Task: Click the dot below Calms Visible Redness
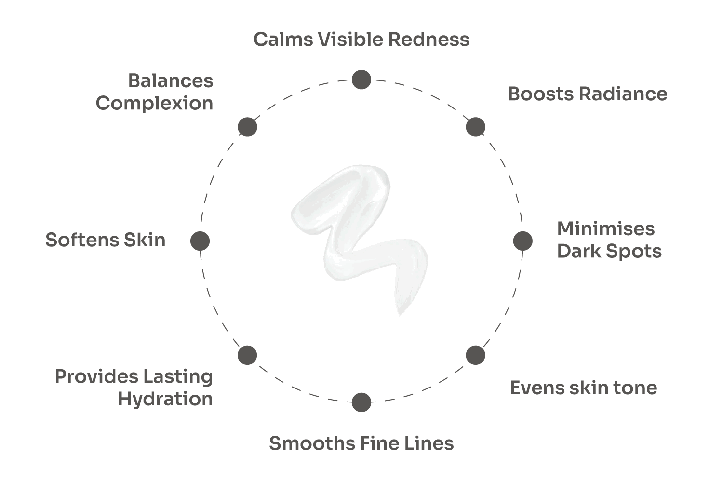(x=361, y=80)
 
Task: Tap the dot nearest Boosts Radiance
(x=475, y=127)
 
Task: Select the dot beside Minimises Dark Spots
(x=522, y=241)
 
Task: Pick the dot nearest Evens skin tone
(x=475, y=355)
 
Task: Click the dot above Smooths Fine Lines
(x=361, y=402)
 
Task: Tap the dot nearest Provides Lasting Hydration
(x=247, y=355)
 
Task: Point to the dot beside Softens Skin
(x=200, y=241)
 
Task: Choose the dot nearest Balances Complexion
(x=247, y=127)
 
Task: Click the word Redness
(x=428, y=40)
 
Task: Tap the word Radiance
(x=623, y=94)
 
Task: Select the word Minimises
(x=606, y=228)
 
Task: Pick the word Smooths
(x=312, y=443)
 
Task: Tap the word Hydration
(x=165, y=400)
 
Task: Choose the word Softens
(x=82, y=240)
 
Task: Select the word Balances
(x=171, y=80)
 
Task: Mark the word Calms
(x=283, y=40)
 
